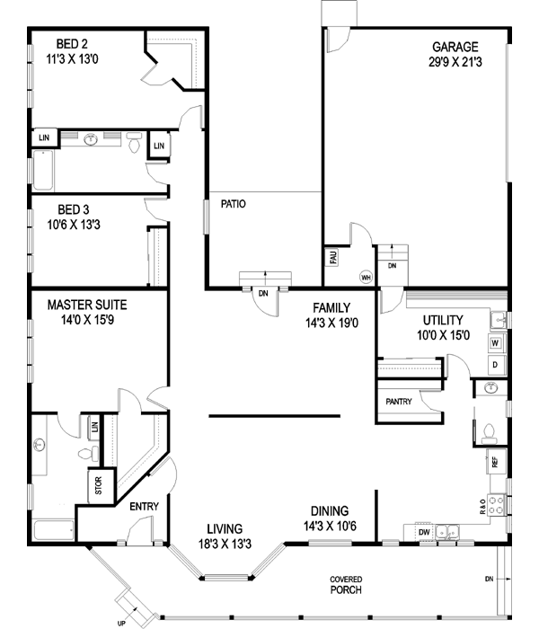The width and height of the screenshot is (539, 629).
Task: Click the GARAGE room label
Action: point(455,47)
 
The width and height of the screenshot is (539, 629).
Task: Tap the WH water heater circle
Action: point(366,277)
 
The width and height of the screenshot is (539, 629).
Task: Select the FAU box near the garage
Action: point(333,257)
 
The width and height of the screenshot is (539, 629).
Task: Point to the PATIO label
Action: point(234,204)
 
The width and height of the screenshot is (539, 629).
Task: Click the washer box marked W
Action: point(496,343)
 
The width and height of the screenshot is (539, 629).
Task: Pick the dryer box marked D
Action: point(496,365)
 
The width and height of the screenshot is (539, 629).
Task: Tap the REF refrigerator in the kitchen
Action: point(496,461)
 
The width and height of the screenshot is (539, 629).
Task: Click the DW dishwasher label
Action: point(424,532)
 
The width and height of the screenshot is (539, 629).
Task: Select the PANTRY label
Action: point(399,402)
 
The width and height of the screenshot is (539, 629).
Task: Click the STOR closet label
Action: point(99,485)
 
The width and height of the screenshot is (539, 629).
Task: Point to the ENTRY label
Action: point(145,507)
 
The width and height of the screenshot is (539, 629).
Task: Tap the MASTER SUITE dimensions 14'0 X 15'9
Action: point(87,320)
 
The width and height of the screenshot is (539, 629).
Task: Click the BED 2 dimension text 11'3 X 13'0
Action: point(72,59)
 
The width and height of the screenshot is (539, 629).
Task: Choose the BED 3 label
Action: point(74,209)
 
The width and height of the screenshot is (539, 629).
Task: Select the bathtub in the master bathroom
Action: point(54,530)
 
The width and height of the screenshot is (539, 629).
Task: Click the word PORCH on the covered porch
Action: point(346,589)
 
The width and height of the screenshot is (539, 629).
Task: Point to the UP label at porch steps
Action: point(121,624)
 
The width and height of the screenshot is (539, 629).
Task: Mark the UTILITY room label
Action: point(443,320)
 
